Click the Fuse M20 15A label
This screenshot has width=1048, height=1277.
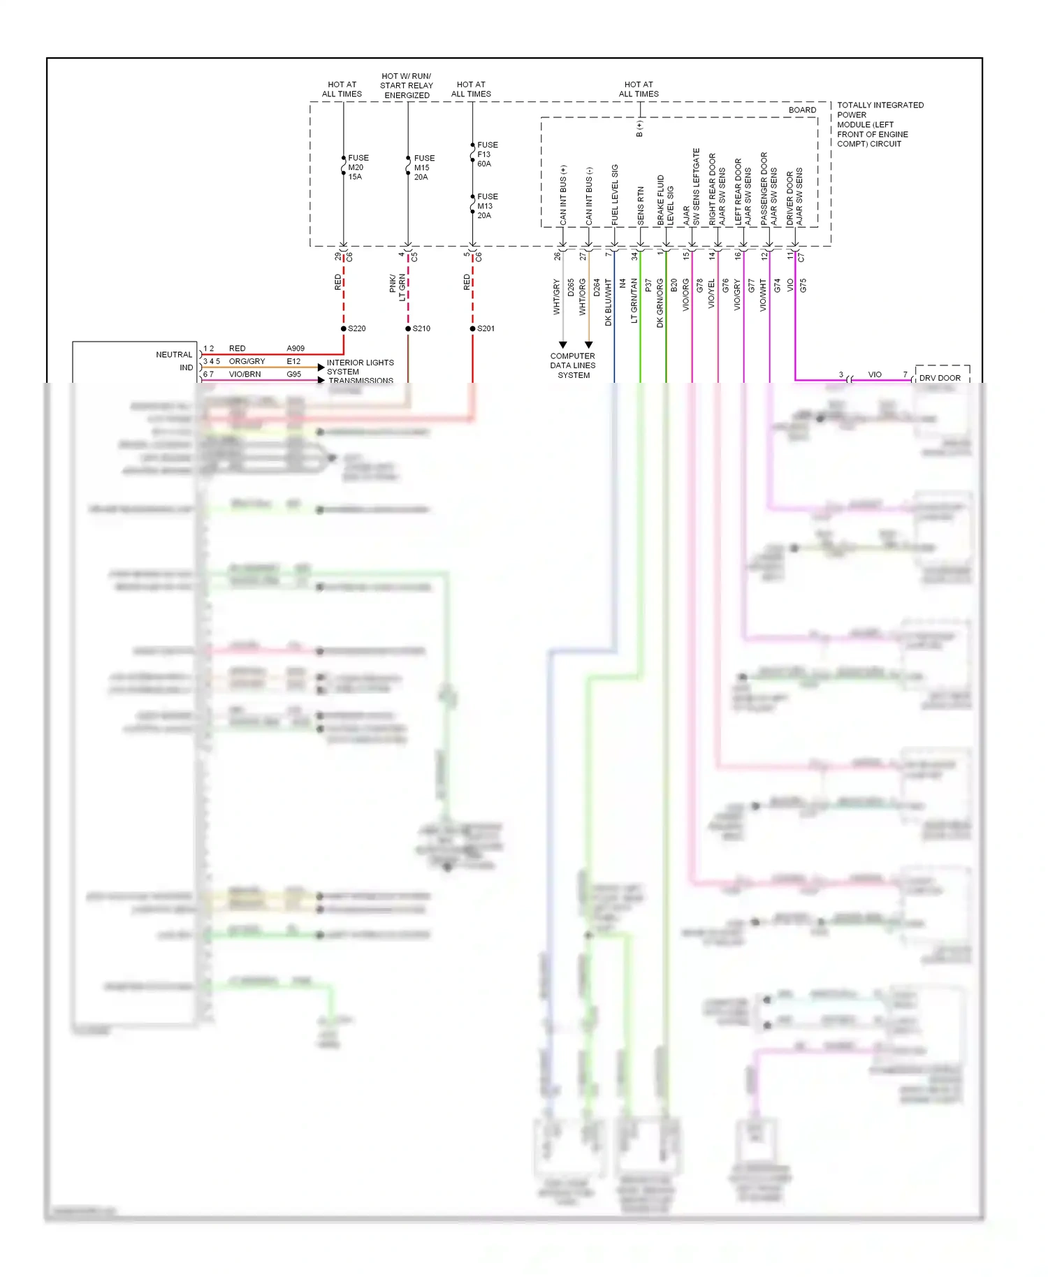357,168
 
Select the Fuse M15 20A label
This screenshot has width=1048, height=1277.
423,168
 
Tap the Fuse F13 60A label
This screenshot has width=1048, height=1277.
487,154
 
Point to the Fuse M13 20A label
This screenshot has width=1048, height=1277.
487,206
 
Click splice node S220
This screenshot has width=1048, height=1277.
344,328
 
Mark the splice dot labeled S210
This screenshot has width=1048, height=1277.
408,328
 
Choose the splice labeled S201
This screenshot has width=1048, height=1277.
473,328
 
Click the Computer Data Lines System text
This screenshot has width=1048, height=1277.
573,365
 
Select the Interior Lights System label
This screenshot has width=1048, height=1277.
360,367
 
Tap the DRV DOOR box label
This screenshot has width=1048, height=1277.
940,378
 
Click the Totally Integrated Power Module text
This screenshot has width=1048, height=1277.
880,124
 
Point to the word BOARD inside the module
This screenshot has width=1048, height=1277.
802,110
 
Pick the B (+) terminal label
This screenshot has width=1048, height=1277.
639,129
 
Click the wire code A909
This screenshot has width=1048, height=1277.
296,348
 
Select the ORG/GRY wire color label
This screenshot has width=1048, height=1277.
247,361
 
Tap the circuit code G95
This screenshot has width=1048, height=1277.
293,374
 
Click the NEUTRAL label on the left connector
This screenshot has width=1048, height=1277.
173,355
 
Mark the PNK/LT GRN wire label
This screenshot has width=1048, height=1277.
398,287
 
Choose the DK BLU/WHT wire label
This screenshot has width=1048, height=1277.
609,302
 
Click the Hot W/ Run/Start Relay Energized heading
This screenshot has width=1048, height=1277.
407,86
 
